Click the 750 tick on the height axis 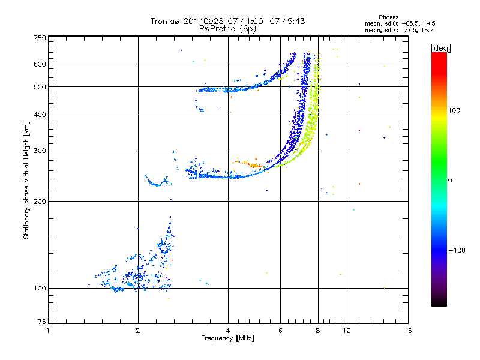40,38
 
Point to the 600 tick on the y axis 40,64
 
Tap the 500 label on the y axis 40,87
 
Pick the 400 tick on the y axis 40,115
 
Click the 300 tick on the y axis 40,151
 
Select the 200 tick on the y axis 40,202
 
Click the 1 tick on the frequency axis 48,331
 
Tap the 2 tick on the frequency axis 138,331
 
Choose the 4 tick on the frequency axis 228,331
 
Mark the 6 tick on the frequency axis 281,331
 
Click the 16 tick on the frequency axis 408,331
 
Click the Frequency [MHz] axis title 227,338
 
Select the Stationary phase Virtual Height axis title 26,180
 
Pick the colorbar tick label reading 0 451,180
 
